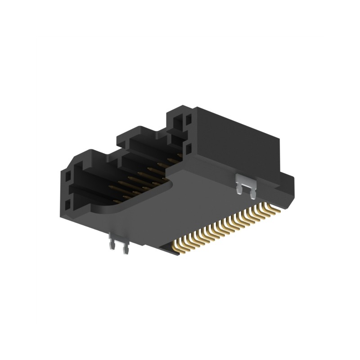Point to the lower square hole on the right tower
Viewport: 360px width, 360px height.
188,147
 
